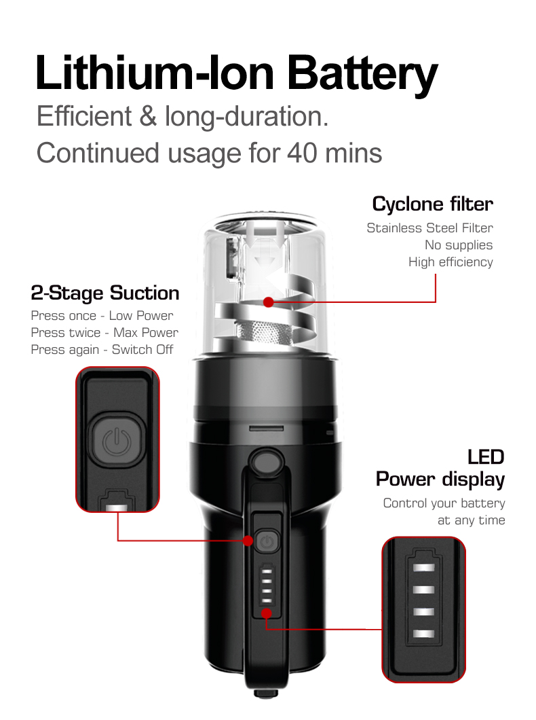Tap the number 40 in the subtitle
tap(302, 153)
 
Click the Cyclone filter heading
tap(432, 204)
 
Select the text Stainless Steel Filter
tap(429, 228)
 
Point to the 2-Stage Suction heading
tap(105, 293)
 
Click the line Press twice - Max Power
tap(104, 332)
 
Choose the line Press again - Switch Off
tap(102, 349)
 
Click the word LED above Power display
tap(486, 457)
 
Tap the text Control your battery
tap(444, 503)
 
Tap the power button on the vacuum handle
tap(267, 541)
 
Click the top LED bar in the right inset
tap(423, 568)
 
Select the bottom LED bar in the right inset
tap(423, 634)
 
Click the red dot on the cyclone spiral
tap(269, 302)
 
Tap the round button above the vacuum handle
tap(267, 462)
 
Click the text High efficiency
tap(451, 262)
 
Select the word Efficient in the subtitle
tap(84, 115)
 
